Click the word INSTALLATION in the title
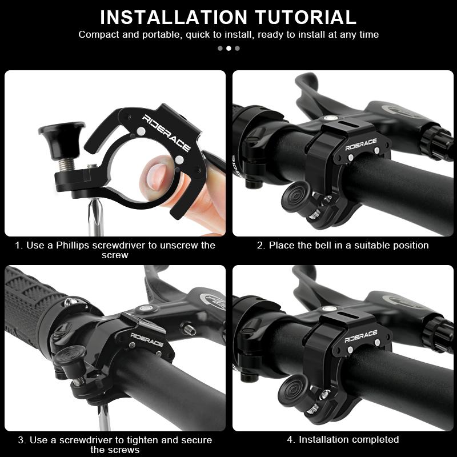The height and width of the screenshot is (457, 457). (174, 18)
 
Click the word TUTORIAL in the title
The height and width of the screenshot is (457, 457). (306, 18)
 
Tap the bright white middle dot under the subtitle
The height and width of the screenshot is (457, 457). (229, 49)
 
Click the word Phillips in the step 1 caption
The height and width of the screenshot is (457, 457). (73, 245)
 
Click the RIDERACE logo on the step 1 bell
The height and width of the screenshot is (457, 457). (166, 133)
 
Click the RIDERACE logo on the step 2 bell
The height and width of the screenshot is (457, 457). (361, 145)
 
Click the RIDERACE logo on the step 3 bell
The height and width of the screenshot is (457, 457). (147, 339)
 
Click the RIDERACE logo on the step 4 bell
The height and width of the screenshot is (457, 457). (361, 336)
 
